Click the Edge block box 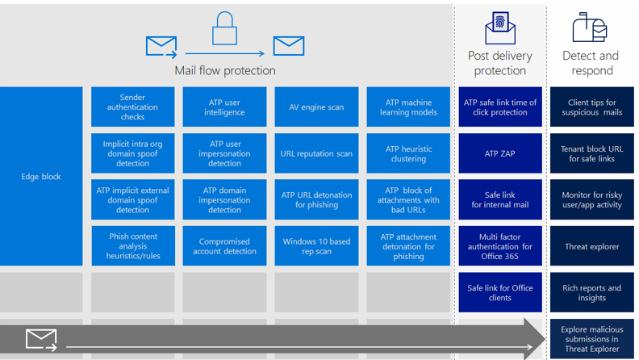[x=41, y=176]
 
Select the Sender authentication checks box [x=132, y=107]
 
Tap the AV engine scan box [x=316, y=107]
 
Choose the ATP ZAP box [x=499, y=153]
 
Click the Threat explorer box [x=591, y=246]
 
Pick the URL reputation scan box [x=316, y=153]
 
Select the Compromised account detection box [x=224, y=246]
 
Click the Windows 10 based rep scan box [x=316, y=246]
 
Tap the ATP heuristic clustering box [x=408, y=153]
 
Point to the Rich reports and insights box [x=591, y=292]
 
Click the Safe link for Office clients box [x=499, y=292]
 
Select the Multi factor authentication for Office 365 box [x=499, y=246]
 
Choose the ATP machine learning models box [x=408, y=107]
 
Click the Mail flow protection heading [x=225, y=71]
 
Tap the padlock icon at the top [x=224, y=29]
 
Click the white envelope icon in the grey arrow [x=40, y=339]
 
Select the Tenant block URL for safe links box [x=591, y=153]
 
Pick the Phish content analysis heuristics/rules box [x=132, y=246]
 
